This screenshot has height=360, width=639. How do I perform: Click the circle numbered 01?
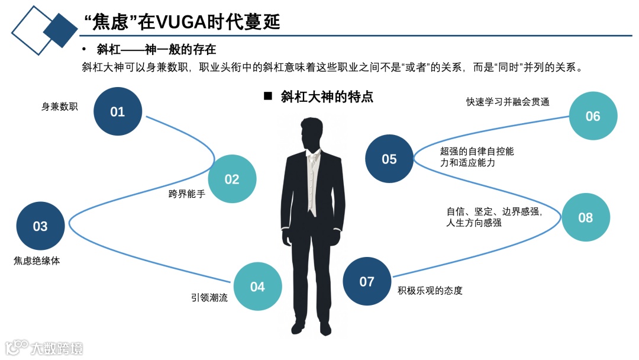118,111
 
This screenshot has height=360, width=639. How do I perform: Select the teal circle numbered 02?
232,179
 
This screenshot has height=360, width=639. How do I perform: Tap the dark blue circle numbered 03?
40,226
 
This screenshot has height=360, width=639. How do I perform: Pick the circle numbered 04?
257,287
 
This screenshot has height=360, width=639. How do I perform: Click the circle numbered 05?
389,159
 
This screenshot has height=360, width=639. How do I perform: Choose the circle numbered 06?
593,116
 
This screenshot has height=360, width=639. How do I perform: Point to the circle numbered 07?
367,281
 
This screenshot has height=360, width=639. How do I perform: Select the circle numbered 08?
585,217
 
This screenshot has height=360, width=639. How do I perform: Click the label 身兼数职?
59,107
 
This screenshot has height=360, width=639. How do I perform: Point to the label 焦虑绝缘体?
37,260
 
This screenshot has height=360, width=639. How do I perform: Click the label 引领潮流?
209,298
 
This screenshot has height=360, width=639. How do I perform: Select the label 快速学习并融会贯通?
508,102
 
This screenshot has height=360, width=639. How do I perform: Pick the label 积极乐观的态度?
430,290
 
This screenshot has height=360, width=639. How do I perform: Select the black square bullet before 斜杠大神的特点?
267,96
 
